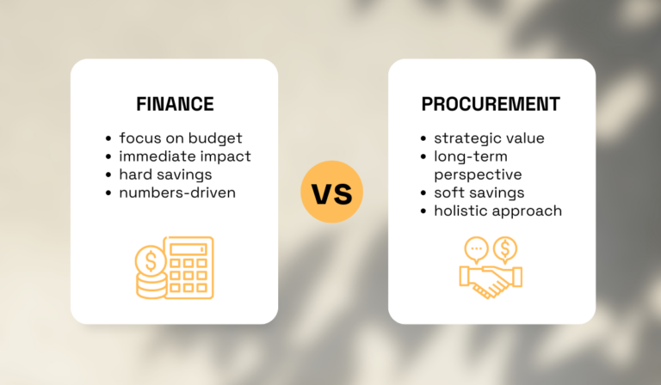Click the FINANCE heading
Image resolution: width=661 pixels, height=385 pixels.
(x=175, y=105)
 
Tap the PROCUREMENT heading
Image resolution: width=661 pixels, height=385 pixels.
(x=491, y=105)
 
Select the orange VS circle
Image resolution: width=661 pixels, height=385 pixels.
(x=331, y=192)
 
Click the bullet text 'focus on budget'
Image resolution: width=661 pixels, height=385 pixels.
(x=181, y=138)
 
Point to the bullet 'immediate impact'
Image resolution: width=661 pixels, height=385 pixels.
(x=185, y=156)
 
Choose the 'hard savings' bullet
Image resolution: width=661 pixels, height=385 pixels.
(x=166, y=174)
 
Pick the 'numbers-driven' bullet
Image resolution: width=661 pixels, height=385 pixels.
(x=177, y=192)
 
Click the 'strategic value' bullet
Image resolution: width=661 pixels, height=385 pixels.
(x=489, y=138)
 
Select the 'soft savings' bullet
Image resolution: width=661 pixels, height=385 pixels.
(x=479, y=192)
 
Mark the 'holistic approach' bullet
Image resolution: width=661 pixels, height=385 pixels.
(x=497, y=211)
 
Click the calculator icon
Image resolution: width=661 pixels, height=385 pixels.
(x=188, y=266)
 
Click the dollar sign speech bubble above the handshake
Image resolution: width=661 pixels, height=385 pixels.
(x=505, y=249)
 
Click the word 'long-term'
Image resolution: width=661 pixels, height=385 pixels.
(x=471, y=156)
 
